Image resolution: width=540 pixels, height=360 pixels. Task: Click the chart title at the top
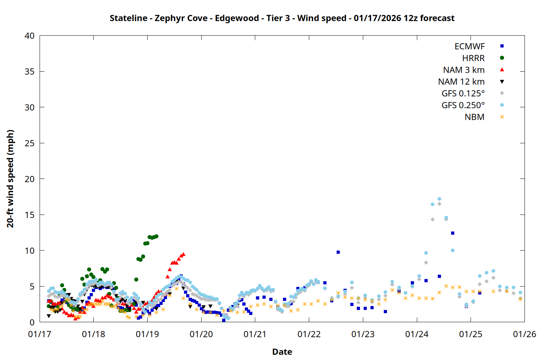(282, 18)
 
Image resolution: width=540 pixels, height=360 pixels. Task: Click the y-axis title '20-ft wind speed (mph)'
(10, 179)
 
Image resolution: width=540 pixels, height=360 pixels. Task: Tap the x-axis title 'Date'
(282, 352)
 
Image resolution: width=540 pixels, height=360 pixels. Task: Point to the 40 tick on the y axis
(30, 36)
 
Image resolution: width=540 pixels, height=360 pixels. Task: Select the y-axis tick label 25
(30, 143)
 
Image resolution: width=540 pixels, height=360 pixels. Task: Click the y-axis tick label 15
(30, 215)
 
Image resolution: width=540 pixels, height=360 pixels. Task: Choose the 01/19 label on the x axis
(147, 334)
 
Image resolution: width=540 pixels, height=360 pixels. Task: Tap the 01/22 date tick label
(309, 334)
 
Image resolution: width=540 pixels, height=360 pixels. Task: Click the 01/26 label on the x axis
(524, 334)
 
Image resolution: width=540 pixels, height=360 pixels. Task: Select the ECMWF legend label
(469, 46)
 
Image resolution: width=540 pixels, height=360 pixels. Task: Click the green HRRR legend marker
(502, 58)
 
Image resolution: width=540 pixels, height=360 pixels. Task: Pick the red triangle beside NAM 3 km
(502, 69)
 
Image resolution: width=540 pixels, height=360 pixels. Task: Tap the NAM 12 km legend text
(461, 82)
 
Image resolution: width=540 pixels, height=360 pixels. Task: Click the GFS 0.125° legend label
(463, 94)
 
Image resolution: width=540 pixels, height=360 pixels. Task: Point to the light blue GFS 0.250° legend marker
(502, 105)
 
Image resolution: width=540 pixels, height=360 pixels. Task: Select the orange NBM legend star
(502, 117)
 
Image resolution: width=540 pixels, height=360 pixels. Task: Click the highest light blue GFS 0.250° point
(439, 199)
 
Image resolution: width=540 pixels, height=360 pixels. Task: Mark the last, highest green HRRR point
(156, 237)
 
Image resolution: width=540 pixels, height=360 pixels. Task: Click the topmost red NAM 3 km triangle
(184, 254)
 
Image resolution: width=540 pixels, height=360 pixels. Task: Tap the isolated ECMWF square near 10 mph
(338, 252)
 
